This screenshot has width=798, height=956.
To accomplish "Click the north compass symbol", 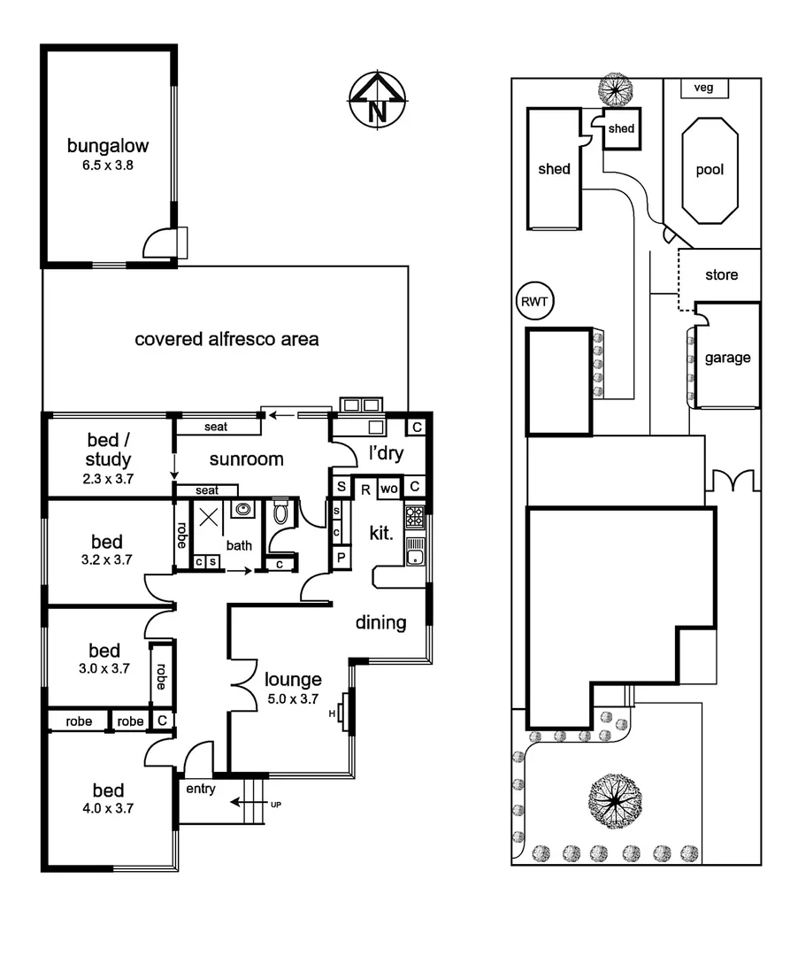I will tap(377, 100).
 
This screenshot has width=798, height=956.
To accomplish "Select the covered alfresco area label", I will tap(226, 339).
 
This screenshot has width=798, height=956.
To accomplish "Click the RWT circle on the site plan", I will tap(533, 302).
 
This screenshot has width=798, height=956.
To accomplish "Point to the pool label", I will tap(709, 170).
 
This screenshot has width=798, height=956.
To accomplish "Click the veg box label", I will tap(704, 88).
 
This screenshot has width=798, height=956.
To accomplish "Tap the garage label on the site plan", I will tap(727, 358).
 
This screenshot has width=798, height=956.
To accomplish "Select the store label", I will tap(721, 275).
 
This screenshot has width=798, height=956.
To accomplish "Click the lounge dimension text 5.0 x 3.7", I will tap(293, 698).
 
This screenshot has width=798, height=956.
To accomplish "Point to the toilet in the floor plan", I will tap(281, 513).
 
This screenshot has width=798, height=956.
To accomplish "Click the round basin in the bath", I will tap(242, 510).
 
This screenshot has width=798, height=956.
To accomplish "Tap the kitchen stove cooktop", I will tap(415, 515).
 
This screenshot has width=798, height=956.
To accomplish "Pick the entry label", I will tap(200, 790).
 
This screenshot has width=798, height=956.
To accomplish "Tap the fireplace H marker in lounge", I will tap(333, 713).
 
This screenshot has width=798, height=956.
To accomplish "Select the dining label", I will tap(381, 622).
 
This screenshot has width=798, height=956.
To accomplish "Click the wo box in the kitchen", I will tap(388, 488).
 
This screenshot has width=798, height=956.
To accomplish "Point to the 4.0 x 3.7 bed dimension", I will tap(109, 808).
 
